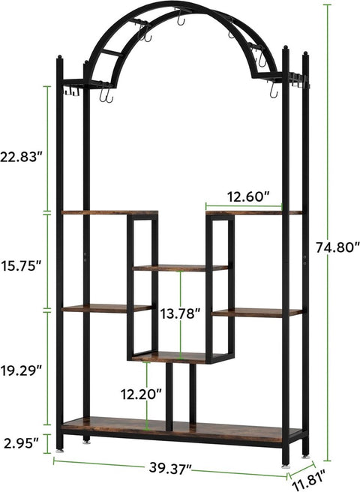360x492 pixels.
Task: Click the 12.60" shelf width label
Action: click(244, 197)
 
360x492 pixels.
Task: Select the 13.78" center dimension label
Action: click(180, 314)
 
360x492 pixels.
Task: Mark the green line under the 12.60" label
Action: click(244, 205)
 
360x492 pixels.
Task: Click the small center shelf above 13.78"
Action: click(180, 268)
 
